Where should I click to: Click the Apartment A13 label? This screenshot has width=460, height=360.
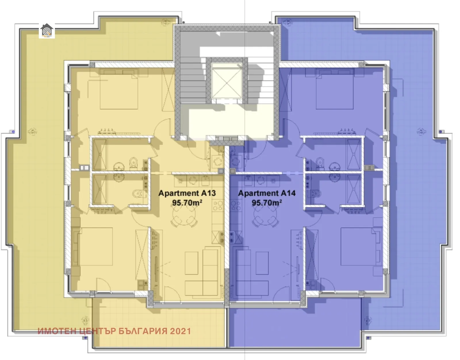point(187,193)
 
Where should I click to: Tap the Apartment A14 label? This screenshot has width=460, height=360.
point(267,193)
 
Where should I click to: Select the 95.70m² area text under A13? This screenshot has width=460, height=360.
point(187,203)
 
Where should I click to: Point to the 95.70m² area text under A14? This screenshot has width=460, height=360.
point(267,203)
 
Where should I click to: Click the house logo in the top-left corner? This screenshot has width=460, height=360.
point(47,31)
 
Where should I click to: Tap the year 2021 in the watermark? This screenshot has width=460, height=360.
point(180,331)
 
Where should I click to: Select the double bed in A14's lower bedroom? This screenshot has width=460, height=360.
point(358,247)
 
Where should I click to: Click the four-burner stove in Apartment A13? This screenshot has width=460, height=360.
point(218,206)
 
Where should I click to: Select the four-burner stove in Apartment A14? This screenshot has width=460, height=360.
point(236,206)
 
